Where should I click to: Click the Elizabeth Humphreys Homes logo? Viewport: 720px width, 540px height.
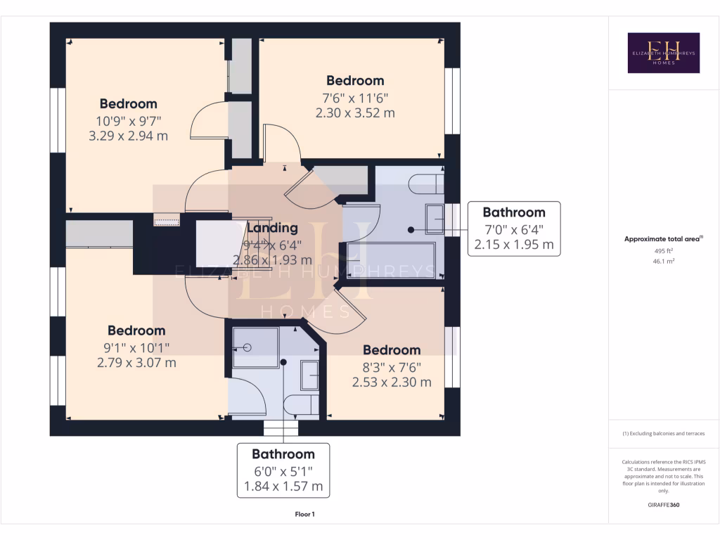[x=663, y=53]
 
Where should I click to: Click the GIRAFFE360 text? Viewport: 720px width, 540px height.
[x=663, y=505]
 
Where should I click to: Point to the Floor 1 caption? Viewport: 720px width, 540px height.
[x=304, y=515]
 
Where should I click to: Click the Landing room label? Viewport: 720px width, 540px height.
[x=272, y=228]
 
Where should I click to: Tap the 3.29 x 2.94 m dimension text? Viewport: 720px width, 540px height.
[x=128, y=136]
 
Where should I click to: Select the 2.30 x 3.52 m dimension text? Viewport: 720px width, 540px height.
[x=355, y=112]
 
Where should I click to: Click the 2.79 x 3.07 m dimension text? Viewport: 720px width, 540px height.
[x=136, y=363]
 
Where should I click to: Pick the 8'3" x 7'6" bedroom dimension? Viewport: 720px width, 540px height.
[x=392, y=367]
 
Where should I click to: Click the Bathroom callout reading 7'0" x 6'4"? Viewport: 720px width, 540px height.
[x=513, y=229]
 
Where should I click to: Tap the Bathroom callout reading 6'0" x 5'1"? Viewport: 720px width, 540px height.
[x=283, y=470]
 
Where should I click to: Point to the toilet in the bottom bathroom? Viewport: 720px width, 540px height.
[x=302, y=406]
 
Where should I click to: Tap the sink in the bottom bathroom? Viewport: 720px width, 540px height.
[x=309, y=375]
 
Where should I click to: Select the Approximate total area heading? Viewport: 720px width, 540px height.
[x=663, y=239]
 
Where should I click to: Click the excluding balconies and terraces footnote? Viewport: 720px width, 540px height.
[x=663, y=434]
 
